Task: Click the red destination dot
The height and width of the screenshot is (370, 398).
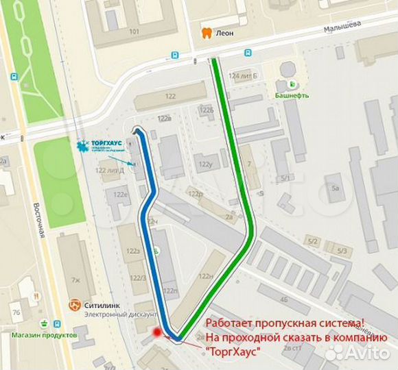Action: coord(157,332)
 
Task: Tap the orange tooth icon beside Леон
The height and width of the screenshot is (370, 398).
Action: coord(204,32)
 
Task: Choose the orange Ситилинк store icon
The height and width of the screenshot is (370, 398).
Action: coord(75,304)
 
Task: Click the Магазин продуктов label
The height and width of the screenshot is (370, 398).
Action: coord(43,335)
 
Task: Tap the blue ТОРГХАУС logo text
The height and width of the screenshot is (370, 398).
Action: coord(107,143)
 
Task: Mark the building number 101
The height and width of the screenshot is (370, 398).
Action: coord(134,32)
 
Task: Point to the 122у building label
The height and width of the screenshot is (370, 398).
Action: coord(204,164)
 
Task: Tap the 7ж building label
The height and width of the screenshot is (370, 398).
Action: coord(75,279)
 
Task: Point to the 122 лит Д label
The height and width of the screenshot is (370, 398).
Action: coord(110,170)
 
